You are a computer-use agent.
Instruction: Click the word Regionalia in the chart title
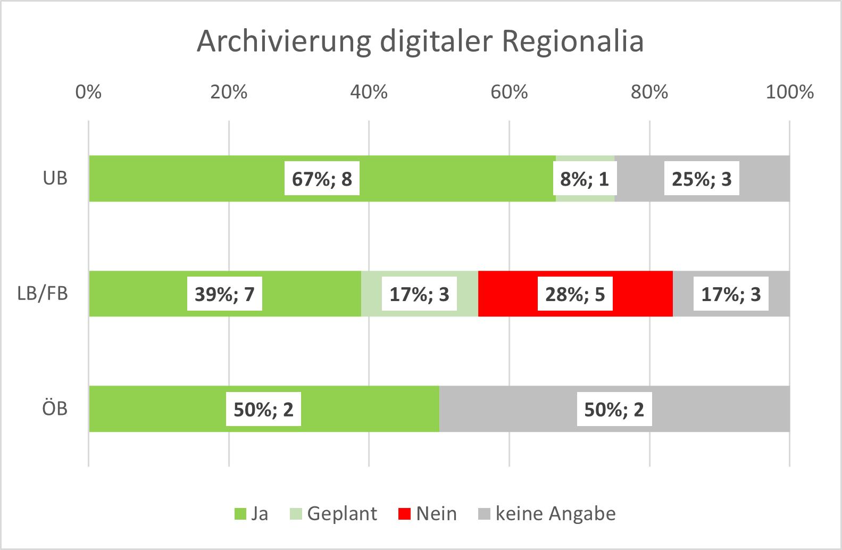572,41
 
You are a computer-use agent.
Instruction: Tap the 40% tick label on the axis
369,92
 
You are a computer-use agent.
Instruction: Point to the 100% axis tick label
789,92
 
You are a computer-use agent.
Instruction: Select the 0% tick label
88,92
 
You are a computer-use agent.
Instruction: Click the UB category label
55,178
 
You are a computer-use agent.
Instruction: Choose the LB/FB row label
43,294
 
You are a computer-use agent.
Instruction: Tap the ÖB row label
55,409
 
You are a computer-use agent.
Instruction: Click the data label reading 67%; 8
322,179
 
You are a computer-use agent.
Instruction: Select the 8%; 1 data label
584,179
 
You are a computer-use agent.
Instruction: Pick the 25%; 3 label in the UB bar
702,179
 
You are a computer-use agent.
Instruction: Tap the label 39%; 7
224,294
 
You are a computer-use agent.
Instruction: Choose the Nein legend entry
428,514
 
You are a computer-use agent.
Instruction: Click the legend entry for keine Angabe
547,514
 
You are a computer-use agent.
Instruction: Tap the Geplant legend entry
334,514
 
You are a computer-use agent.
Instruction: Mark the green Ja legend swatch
240,514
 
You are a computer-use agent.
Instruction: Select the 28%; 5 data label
575,294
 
